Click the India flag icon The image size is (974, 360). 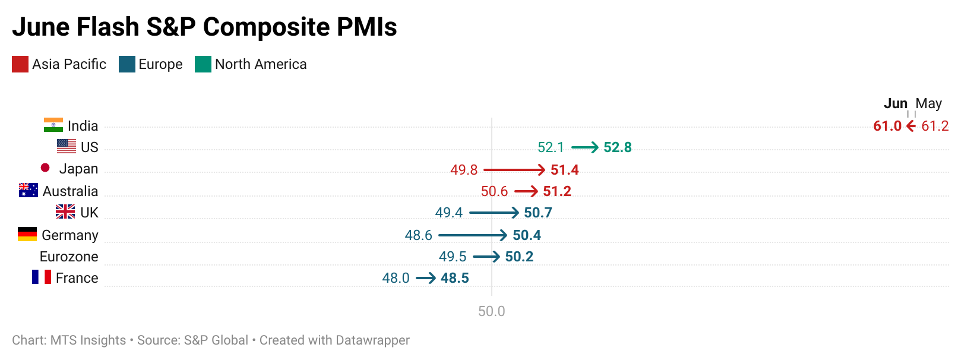(x=53, y=125)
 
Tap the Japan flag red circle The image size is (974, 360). (x=45, y=168)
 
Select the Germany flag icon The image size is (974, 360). (x=27, y=234)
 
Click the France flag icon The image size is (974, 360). (x=42, y=277)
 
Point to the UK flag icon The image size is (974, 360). (x=65, y=211)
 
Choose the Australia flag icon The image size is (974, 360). (x=29, y=190)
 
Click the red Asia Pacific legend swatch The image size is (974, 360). (x=20, y=64)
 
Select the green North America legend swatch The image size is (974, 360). (x=203, y=64)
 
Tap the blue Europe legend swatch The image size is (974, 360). (x=127, y=64)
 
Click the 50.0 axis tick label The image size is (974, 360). (x=492, y=311)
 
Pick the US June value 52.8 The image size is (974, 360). (x=618, y=147)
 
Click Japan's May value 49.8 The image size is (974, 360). (x=464, y=170)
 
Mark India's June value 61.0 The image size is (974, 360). (x=887, y=126)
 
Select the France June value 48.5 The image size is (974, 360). (x=455, y=278)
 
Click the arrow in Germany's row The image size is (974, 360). (x=473, y=235)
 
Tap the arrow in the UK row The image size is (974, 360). (x=494, y=213)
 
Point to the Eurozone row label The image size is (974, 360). (x=69, y=257)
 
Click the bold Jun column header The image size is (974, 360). (x=896, y=103)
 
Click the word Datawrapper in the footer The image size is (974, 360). (x=372, y=340)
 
